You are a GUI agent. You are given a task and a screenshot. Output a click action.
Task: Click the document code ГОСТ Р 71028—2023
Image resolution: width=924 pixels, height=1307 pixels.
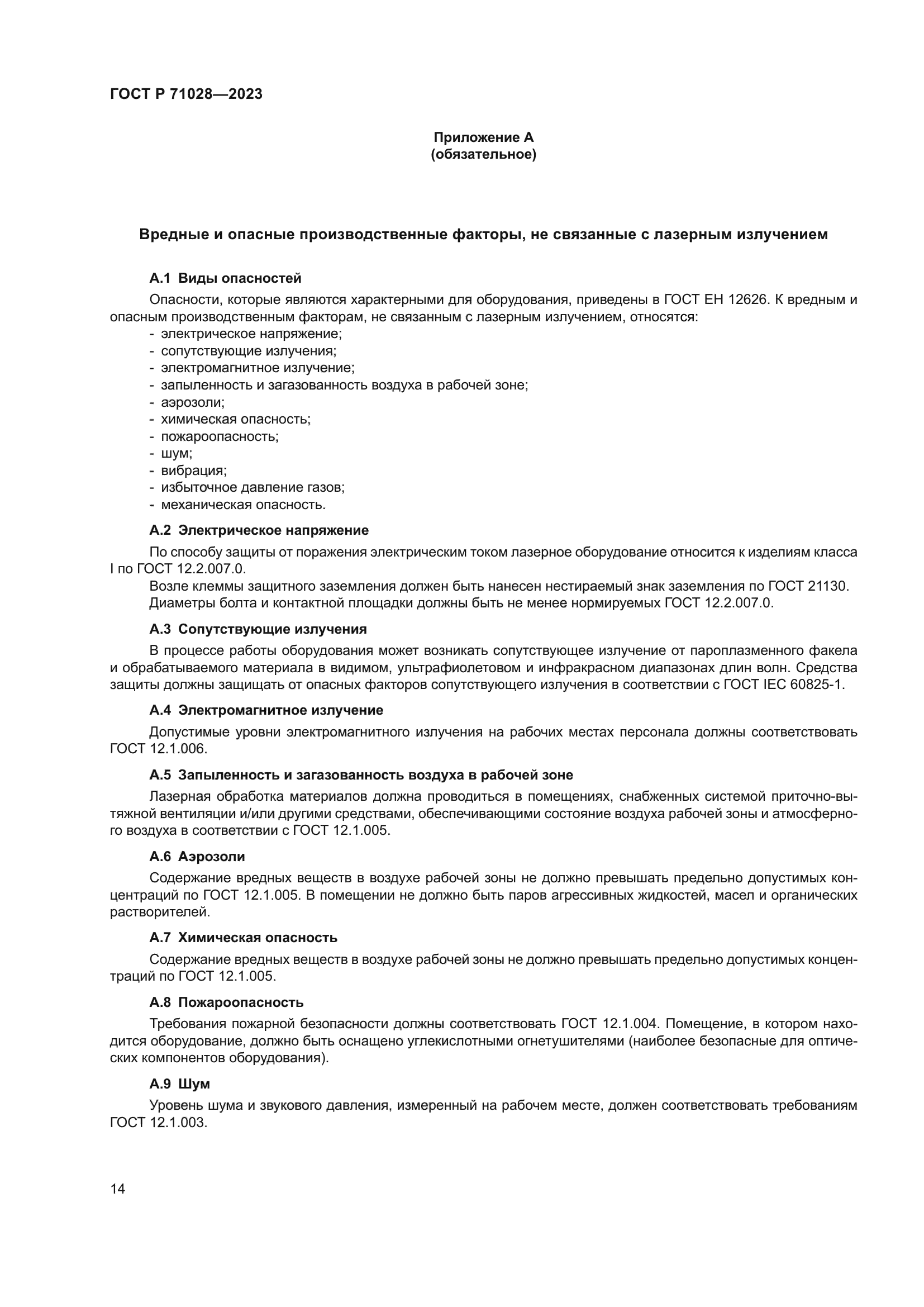[186, 94]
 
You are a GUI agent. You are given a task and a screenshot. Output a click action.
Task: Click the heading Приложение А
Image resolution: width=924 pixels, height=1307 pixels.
[483, 137]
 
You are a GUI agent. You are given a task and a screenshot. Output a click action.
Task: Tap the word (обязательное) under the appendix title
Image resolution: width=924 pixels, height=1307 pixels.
[483, 154]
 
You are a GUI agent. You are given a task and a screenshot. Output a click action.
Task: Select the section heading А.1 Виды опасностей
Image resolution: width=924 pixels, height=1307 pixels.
[225, 278]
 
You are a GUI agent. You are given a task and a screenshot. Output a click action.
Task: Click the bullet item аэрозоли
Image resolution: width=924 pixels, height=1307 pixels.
[192, 402]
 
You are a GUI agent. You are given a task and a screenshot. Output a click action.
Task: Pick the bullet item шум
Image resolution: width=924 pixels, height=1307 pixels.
[177, 454]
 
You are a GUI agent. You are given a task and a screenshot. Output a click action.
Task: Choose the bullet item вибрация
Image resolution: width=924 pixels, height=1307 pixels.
[193, 470]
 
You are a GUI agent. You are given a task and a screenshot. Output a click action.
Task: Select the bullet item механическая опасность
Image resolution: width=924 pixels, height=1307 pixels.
[243, 505]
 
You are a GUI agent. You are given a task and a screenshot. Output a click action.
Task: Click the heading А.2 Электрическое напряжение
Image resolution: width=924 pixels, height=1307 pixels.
[259, 530]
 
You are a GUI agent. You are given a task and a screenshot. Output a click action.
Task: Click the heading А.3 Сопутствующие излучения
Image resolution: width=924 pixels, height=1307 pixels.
[258, 629]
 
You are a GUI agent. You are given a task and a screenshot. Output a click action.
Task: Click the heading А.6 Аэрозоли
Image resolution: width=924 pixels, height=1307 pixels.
[197, 857]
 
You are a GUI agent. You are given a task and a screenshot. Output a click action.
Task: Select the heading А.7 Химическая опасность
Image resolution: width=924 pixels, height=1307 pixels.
[243, 938]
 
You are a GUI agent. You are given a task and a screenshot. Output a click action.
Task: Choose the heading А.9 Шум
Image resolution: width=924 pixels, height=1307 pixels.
[180, 1085]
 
